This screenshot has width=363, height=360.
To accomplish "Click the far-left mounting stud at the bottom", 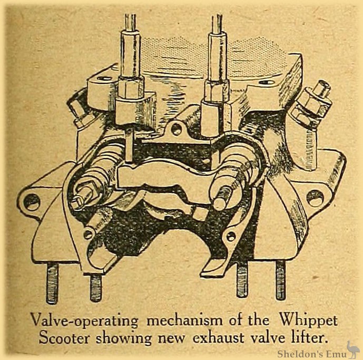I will point(52,284).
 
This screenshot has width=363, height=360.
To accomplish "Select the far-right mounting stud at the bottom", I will point(280,279).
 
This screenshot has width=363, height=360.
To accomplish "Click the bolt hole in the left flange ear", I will point(32,201).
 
